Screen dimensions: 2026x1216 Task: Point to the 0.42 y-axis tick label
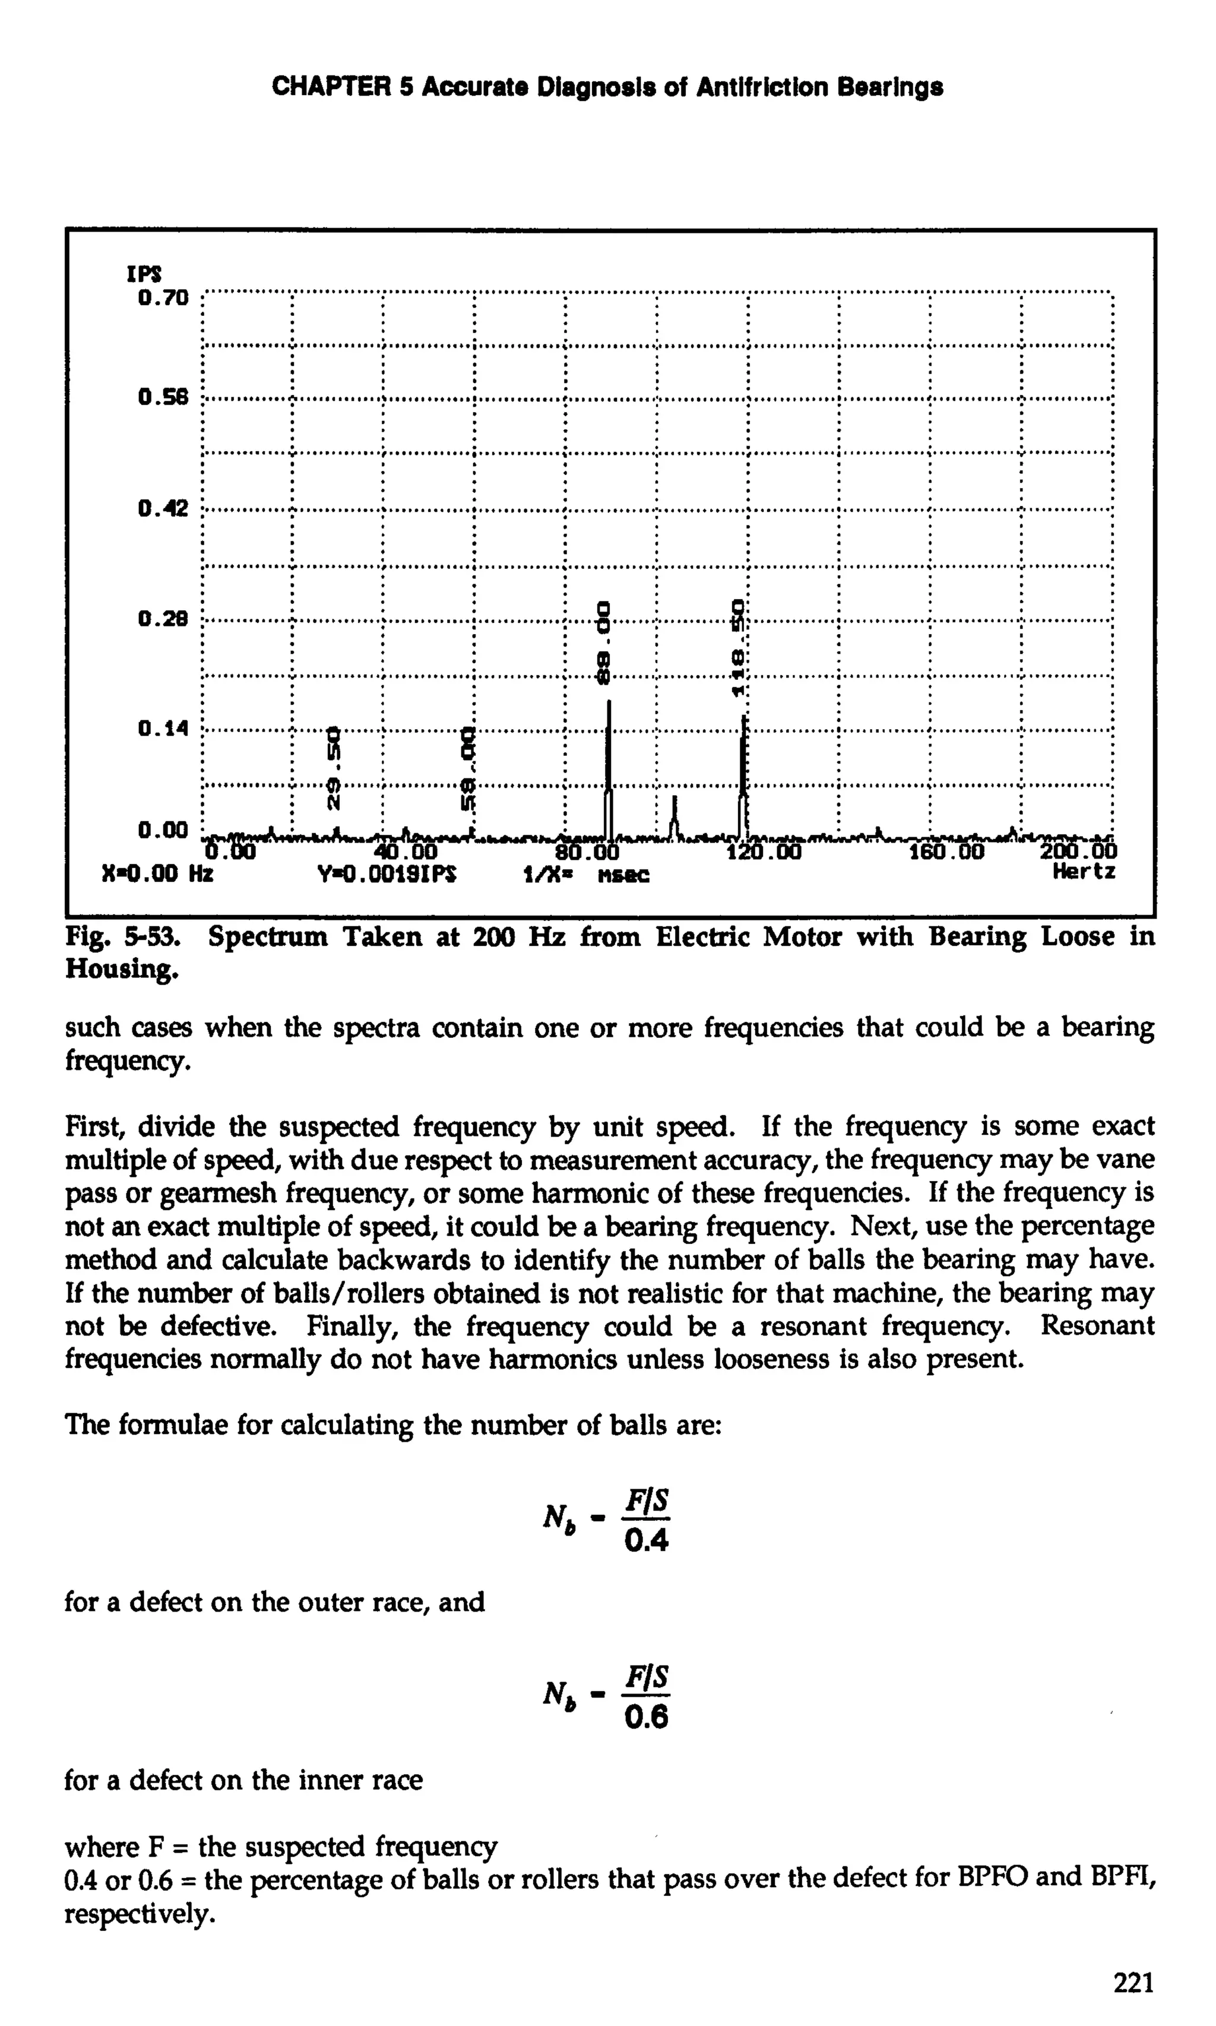pyautogui.click(x=164, y=509)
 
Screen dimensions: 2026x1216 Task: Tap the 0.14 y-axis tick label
pyautogui.click(x=164, y=727)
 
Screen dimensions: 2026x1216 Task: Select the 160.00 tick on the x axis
pyautogui.click(x=947, y=853)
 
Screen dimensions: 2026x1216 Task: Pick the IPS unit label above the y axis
pyautogui.click(x=144, y=274)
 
